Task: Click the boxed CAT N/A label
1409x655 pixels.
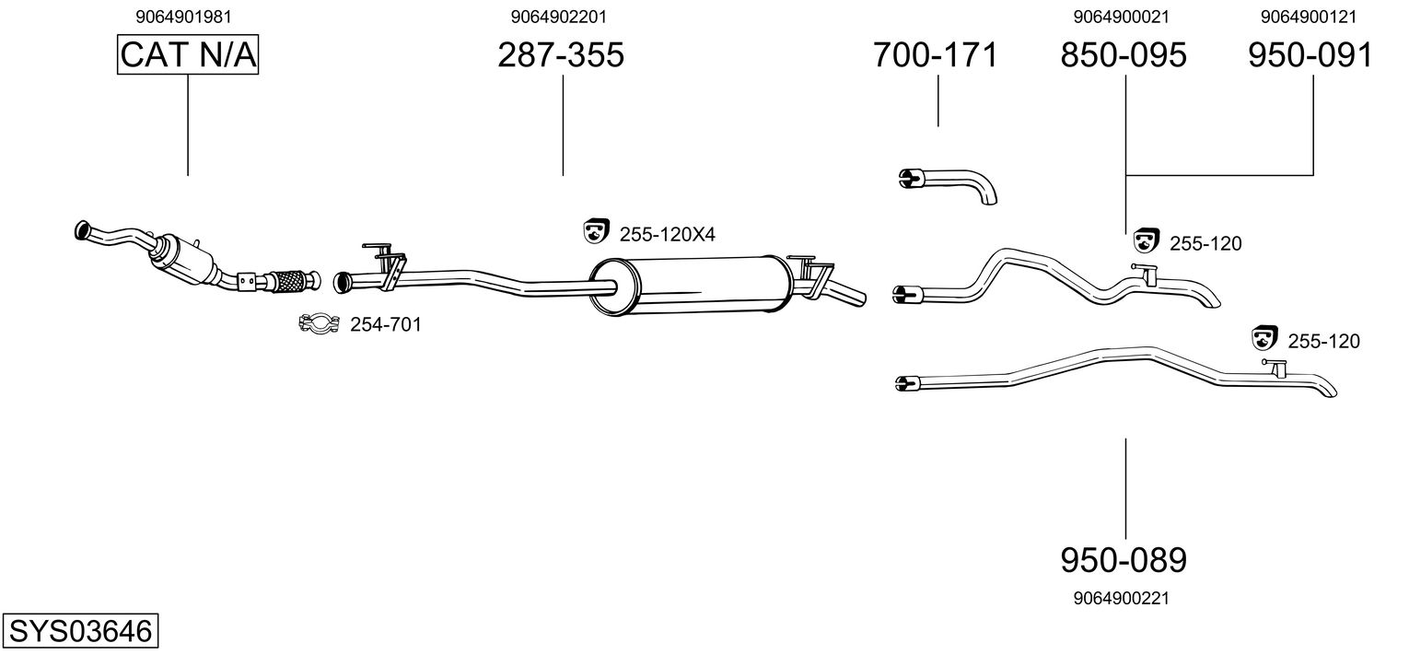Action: [188, 55]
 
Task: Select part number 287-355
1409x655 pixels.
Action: [561, 55]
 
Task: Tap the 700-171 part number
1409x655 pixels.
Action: [936, 55]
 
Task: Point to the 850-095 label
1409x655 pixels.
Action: [1124, 55]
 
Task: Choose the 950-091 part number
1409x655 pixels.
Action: [1310, 55]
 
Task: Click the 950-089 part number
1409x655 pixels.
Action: [1124, 559]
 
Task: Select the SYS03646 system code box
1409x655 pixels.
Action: [79, 631]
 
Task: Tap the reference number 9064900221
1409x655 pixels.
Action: [1121, 598]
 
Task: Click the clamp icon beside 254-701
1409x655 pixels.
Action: [318, 323]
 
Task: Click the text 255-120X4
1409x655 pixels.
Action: [667, 236]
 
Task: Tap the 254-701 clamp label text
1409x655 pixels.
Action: [385, 324]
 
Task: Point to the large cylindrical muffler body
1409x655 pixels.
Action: [691, 282]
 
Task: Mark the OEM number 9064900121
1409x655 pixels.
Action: [1310, 17]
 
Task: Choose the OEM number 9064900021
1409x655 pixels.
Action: [1121, 17]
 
